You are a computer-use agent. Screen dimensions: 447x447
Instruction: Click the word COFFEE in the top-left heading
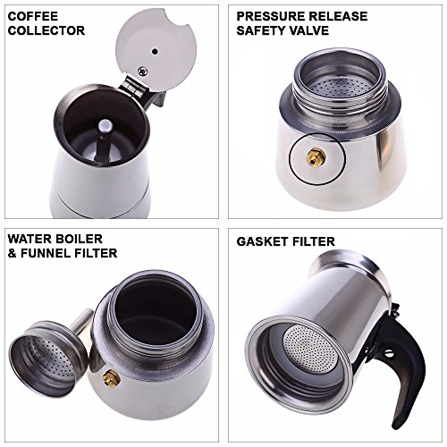click(33, 16)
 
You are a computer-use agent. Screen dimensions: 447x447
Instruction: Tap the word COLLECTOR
click(46, 30)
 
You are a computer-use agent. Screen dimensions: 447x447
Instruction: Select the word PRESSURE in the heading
click(268, 16)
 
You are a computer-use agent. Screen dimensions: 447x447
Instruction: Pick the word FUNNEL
click(46, 253)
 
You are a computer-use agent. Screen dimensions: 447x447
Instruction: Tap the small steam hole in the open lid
click(155, 52)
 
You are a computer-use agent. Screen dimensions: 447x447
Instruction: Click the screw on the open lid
click(143, 71)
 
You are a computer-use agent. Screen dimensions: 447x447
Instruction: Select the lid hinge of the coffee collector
click(133, 87)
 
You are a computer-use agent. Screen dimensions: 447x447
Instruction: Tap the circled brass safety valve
click(313, 156)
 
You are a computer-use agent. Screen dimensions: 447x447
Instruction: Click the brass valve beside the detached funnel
click(112, 378)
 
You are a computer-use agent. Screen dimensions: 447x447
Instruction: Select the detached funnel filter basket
click(47, 358)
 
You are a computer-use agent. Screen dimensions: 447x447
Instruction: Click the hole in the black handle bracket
click(388, 355)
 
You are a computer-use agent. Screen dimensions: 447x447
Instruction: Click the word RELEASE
click(336, 16)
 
